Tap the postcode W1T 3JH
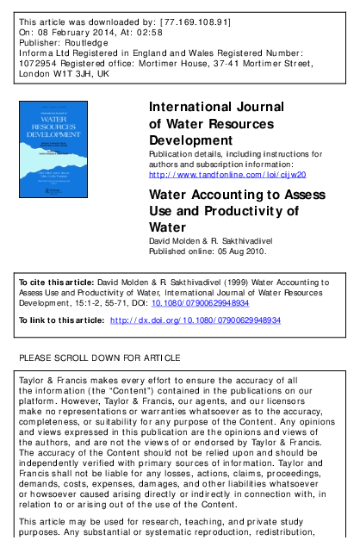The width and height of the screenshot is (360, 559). coord(70,74)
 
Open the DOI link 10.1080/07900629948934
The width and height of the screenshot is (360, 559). coord(200,303)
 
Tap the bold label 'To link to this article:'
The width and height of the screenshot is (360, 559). coord(59,320)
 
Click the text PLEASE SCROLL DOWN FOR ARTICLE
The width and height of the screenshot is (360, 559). coord(100,357)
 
